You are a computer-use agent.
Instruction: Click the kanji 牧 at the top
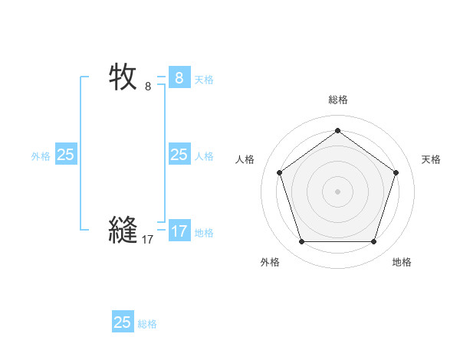coord(123,77)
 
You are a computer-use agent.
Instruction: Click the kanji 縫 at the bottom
coord(123,230)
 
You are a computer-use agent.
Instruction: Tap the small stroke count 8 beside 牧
coord(148,87)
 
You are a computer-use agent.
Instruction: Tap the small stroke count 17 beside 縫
coord(147,240)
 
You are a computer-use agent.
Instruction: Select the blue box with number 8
coord(179,77)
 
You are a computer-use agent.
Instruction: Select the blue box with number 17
coord(179,231)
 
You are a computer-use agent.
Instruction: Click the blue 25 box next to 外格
coord(66,155)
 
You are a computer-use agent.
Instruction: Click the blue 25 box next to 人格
coord(179,155)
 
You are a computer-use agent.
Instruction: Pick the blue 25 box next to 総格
coord(123,322)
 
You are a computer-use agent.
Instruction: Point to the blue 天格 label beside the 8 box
coord(204,80)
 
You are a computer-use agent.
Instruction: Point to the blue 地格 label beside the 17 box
coord(204,233)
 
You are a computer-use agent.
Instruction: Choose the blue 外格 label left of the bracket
coord(41,156)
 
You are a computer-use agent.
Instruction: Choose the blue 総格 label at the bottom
coord(147,324)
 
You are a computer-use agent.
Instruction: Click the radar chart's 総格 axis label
coord(337,100)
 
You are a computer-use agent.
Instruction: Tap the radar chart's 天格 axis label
coord(431,159)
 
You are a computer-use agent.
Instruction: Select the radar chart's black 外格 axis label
coord(270,262)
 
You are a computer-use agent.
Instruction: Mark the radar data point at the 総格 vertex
coord(337,130)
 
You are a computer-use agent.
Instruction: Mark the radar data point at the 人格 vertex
coord(279,172)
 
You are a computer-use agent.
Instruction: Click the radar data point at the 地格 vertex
coord(373,242)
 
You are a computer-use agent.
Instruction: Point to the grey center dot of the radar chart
coord(337,191)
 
